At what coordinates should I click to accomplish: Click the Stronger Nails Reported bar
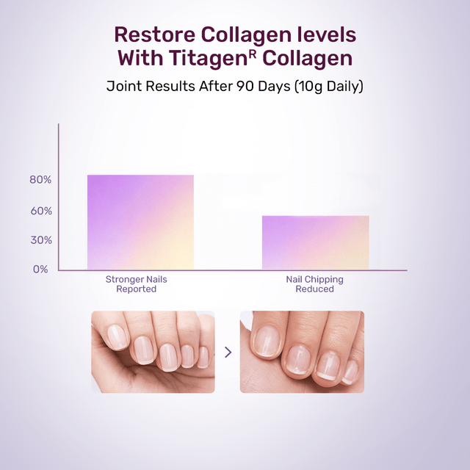140,222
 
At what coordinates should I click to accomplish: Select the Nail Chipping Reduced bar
315,242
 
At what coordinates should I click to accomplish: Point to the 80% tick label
40,180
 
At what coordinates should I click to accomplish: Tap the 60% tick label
40,211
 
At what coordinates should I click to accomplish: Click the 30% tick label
40,240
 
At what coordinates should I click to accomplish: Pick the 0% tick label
40,269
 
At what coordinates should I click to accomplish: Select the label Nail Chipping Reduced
314,284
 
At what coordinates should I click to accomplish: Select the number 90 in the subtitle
246,86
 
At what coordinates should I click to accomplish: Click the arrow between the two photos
228,352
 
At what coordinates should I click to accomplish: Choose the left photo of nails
153,352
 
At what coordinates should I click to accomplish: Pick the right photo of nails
302,352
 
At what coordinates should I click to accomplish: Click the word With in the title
141,58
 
